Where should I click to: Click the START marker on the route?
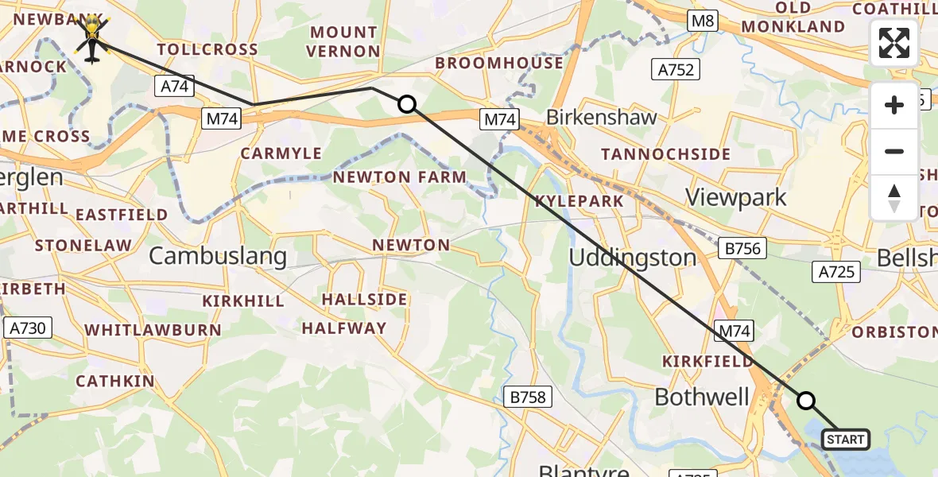[845, 439]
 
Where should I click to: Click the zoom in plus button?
[894, 105]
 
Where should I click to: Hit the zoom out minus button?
[894, 151]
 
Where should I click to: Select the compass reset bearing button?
[894, 197]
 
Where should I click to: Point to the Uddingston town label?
[633, 258]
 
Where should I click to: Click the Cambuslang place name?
[217, 255]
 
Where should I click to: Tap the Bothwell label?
[702, 397]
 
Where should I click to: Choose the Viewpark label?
[736, 197]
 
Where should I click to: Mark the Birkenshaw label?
[602, 118]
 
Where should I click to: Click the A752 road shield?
[676, 69]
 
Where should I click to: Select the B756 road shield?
[742, 249]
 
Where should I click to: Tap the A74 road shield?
[174, 86]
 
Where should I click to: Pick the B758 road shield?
[528, 397]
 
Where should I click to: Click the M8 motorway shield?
[703, 21]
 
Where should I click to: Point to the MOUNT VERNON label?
[344, 41]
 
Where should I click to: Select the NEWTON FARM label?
[399, 177]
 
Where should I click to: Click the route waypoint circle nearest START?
[806, 401]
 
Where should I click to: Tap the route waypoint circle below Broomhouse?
[407, 104]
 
